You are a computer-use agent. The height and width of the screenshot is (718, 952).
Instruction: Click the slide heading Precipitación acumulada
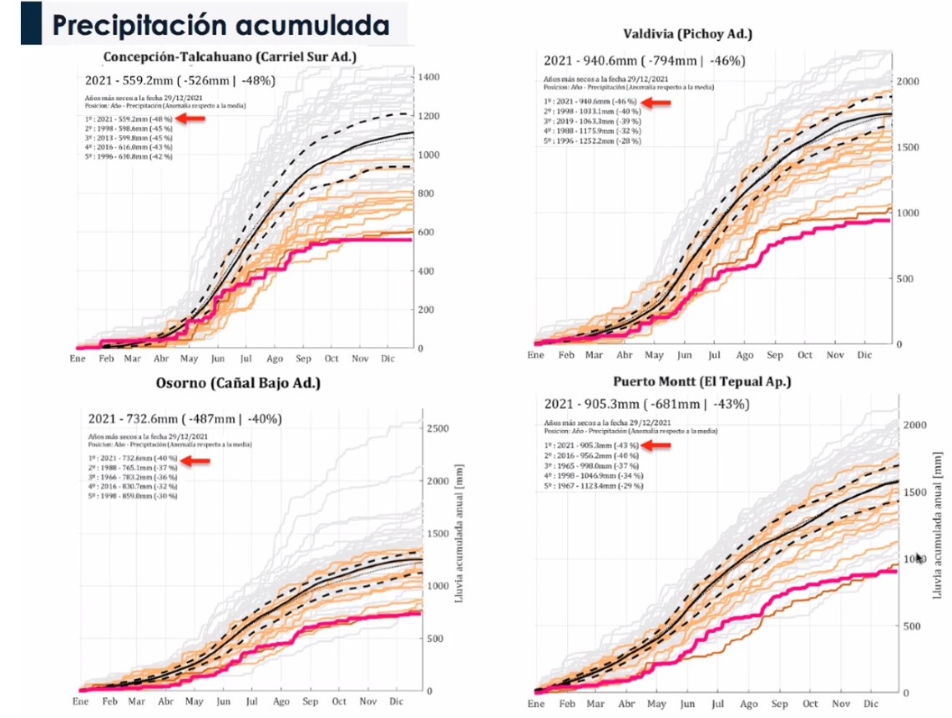coord(221,24)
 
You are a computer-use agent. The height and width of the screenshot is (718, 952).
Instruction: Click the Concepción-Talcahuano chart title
coord(230,58)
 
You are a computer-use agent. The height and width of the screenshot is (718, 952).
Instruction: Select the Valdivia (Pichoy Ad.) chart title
coord(687,34)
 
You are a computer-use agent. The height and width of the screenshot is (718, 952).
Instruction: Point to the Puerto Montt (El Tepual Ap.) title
coord(702,382)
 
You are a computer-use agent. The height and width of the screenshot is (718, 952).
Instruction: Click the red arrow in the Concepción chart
coord(193,119)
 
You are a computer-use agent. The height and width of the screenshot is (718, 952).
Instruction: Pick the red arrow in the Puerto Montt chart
coord(659,445)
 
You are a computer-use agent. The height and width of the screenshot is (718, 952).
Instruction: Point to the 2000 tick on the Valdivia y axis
coord(907,81)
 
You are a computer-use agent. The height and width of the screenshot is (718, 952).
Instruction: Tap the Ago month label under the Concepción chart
coord(275,358)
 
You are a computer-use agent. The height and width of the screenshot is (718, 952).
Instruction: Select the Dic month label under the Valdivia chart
coord(866,355)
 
